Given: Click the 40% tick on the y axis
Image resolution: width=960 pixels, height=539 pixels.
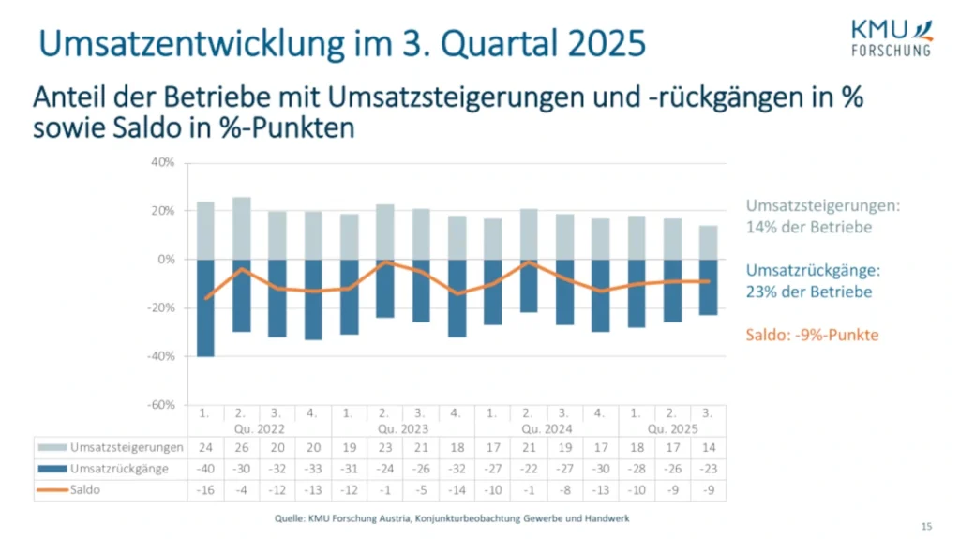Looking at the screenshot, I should tap(163, 162).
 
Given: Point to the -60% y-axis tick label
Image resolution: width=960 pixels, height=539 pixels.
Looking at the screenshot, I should tap(161, 404).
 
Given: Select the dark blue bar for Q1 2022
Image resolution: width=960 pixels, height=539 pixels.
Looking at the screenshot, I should tap(205, 307).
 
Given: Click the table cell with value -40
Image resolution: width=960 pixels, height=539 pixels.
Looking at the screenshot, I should tap(205, 469).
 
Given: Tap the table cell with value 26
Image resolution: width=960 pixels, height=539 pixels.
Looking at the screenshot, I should tap(241, 448).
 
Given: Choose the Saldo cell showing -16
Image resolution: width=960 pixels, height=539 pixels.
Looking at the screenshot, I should tap(205, 489).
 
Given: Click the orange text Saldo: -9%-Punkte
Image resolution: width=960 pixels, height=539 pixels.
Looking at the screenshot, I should tap(812, 335).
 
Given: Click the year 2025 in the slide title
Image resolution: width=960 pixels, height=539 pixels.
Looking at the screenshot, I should tap(605, 43).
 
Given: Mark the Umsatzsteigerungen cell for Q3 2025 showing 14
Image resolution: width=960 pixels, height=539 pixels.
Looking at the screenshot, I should tap(709, 448).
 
